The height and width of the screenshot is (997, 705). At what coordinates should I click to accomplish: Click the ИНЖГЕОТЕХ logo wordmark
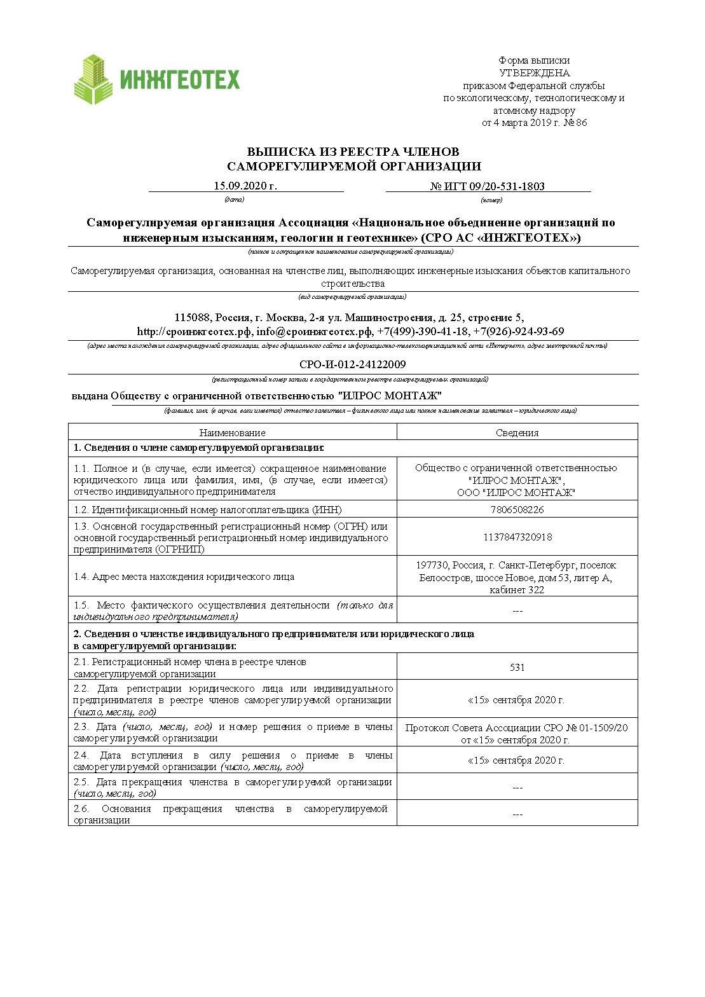180,80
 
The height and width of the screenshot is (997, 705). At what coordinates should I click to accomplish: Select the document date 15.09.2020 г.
245,186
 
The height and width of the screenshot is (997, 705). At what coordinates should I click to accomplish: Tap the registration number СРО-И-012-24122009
352,364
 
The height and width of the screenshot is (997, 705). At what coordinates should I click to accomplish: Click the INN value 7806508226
517,509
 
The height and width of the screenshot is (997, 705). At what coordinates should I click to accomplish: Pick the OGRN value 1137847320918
517,537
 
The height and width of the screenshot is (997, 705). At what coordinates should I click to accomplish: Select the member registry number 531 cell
517,667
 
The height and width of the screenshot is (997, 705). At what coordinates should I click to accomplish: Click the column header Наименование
232,432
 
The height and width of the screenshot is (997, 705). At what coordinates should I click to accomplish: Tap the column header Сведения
517,432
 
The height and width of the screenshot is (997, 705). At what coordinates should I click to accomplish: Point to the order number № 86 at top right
575,123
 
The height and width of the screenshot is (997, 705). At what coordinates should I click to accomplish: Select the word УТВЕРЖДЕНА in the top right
534,73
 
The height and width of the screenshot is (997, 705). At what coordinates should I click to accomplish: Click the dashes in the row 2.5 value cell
517,788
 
